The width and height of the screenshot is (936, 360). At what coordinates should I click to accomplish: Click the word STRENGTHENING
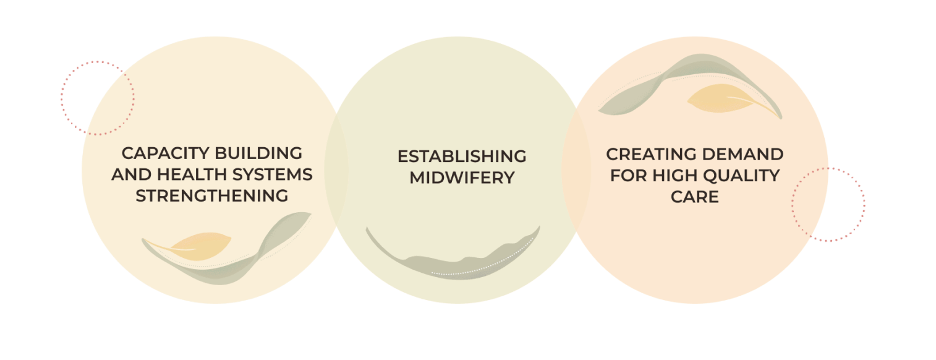click(212, 196)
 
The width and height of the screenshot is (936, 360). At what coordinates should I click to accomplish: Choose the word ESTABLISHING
click(462, 156)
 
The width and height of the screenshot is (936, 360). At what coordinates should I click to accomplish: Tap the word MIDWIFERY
click(462, 178)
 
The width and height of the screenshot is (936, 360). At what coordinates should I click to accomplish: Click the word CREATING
click(652, 154)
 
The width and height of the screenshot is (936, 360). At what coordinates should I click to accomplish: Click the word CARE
click(695, 197)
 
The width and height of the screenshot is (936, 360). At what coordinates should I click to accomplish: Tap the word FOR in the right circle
click(627, 176)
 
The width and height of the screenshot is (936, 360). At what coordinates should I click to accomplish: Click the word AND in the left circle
click(127, 174)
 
